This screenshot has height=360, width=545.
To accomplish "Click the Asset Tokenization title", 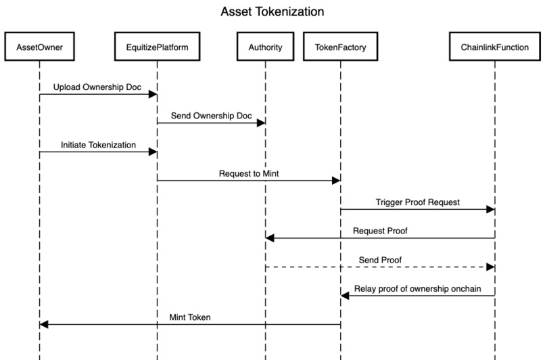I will click(272, 12).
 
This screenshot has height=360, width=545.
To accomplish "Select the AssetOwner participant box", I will click(39, 47).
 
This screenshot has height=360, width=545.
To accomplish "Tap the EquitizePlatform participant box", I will click(157, 47).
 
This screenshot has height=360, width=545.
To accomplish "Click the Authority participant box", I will click(265, 47).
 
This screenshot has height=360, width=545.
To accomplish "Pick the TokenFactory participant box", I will click(340, 47).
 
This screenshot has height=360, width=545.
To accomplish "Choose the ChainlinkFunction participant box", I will click(495, 47).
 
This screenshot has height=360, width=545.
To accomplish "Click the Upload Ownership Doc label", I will click(98, 87).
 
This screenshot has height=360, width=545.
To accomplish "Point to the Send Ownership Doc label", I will click(211, 116).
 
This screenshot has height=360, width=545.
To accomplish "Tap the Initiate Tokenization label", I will click(98, 145).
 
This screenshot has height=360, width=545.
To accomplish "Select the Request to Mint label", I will click(249, 173).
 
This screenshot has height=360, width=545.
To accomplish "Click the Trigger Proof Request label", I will click(417, 202).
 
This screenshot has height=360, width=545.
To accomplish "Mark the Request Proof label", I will click(380, 231).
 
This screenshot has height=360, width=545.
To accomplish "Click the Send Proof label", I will click(380, 260).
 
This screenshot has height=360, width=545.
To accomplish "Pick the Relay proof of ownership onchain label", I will click(417, 289).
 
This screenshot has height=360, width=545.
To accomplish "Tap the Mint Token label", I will click(190, 317).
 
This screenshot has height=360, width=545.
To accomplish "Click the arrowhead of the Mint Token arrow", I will click(44, 325).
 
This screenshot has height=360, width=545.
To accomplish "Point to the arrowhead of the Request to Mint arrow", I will click(336, 181).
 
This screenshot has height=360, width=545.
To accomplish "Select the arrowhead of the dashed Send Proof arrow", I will click(491, 267).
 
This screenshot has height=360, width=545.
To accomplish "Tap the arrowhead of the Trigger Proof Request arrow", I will click(491, 210).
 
